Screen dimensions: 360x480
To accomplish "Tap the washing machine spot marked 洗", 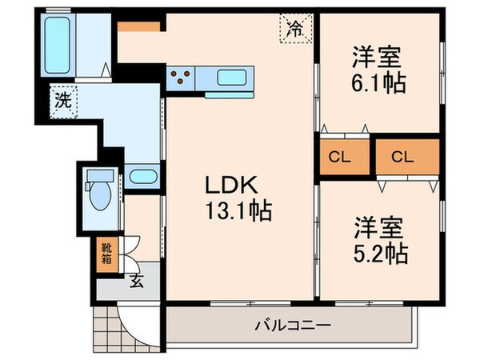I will pos(62,101).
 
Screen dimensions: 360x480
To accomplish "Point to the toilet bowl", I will pos(101,197).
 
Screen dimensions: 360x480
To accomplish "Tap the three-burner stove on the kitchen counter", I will pos(182,78).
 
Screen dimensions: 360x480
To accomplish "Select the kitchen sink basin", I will pos(233,78).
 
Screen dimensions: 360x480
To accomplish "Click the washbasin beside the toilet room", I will pos(142,176).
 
